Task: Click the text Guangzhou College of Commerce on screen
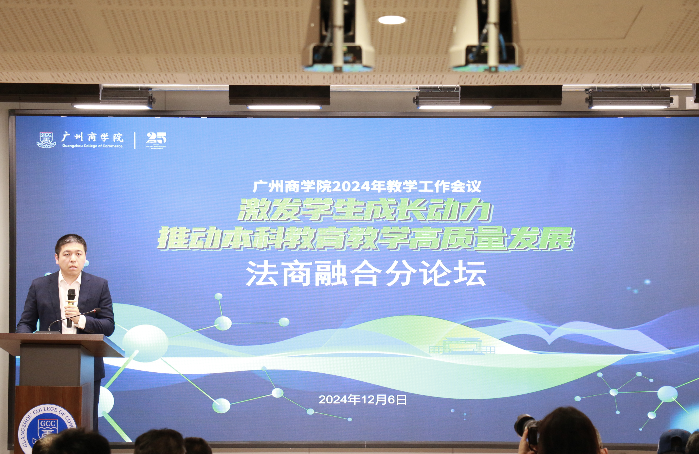tap(92, 146)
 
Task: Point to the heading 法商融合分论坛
tap(366, 274)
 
